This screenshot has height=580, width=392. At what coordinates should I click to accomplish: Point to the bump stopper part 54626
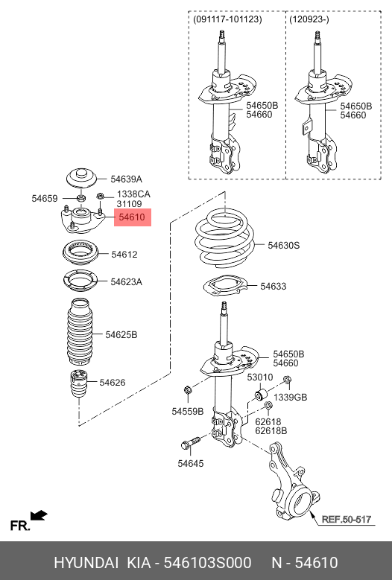click(x=78, y=383)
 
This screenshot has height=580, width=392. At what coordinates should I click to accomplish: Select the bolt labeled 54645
click(x=188, y=445)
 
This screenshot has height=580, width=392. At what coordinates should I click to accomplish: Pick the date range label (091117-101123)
click(x=227, y=19)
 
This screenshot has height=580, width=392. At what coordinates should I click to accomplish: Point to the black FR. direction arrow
click(x=39, y=514)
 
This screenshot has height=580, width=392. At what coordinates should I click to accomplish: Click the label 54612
click(x=124, y=255)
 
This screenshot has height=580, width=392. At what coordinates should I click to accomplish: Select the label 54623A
click(x=126, y=282)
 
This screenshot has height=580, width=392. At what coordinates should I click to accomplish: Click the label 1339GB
click(x=291, y=398)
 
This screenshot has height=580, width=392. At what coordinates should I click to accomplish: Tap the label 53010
click(x=260, y=377)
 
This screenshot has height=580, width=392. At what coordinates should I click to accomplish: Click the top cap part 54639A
click(x=80, y=179)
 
